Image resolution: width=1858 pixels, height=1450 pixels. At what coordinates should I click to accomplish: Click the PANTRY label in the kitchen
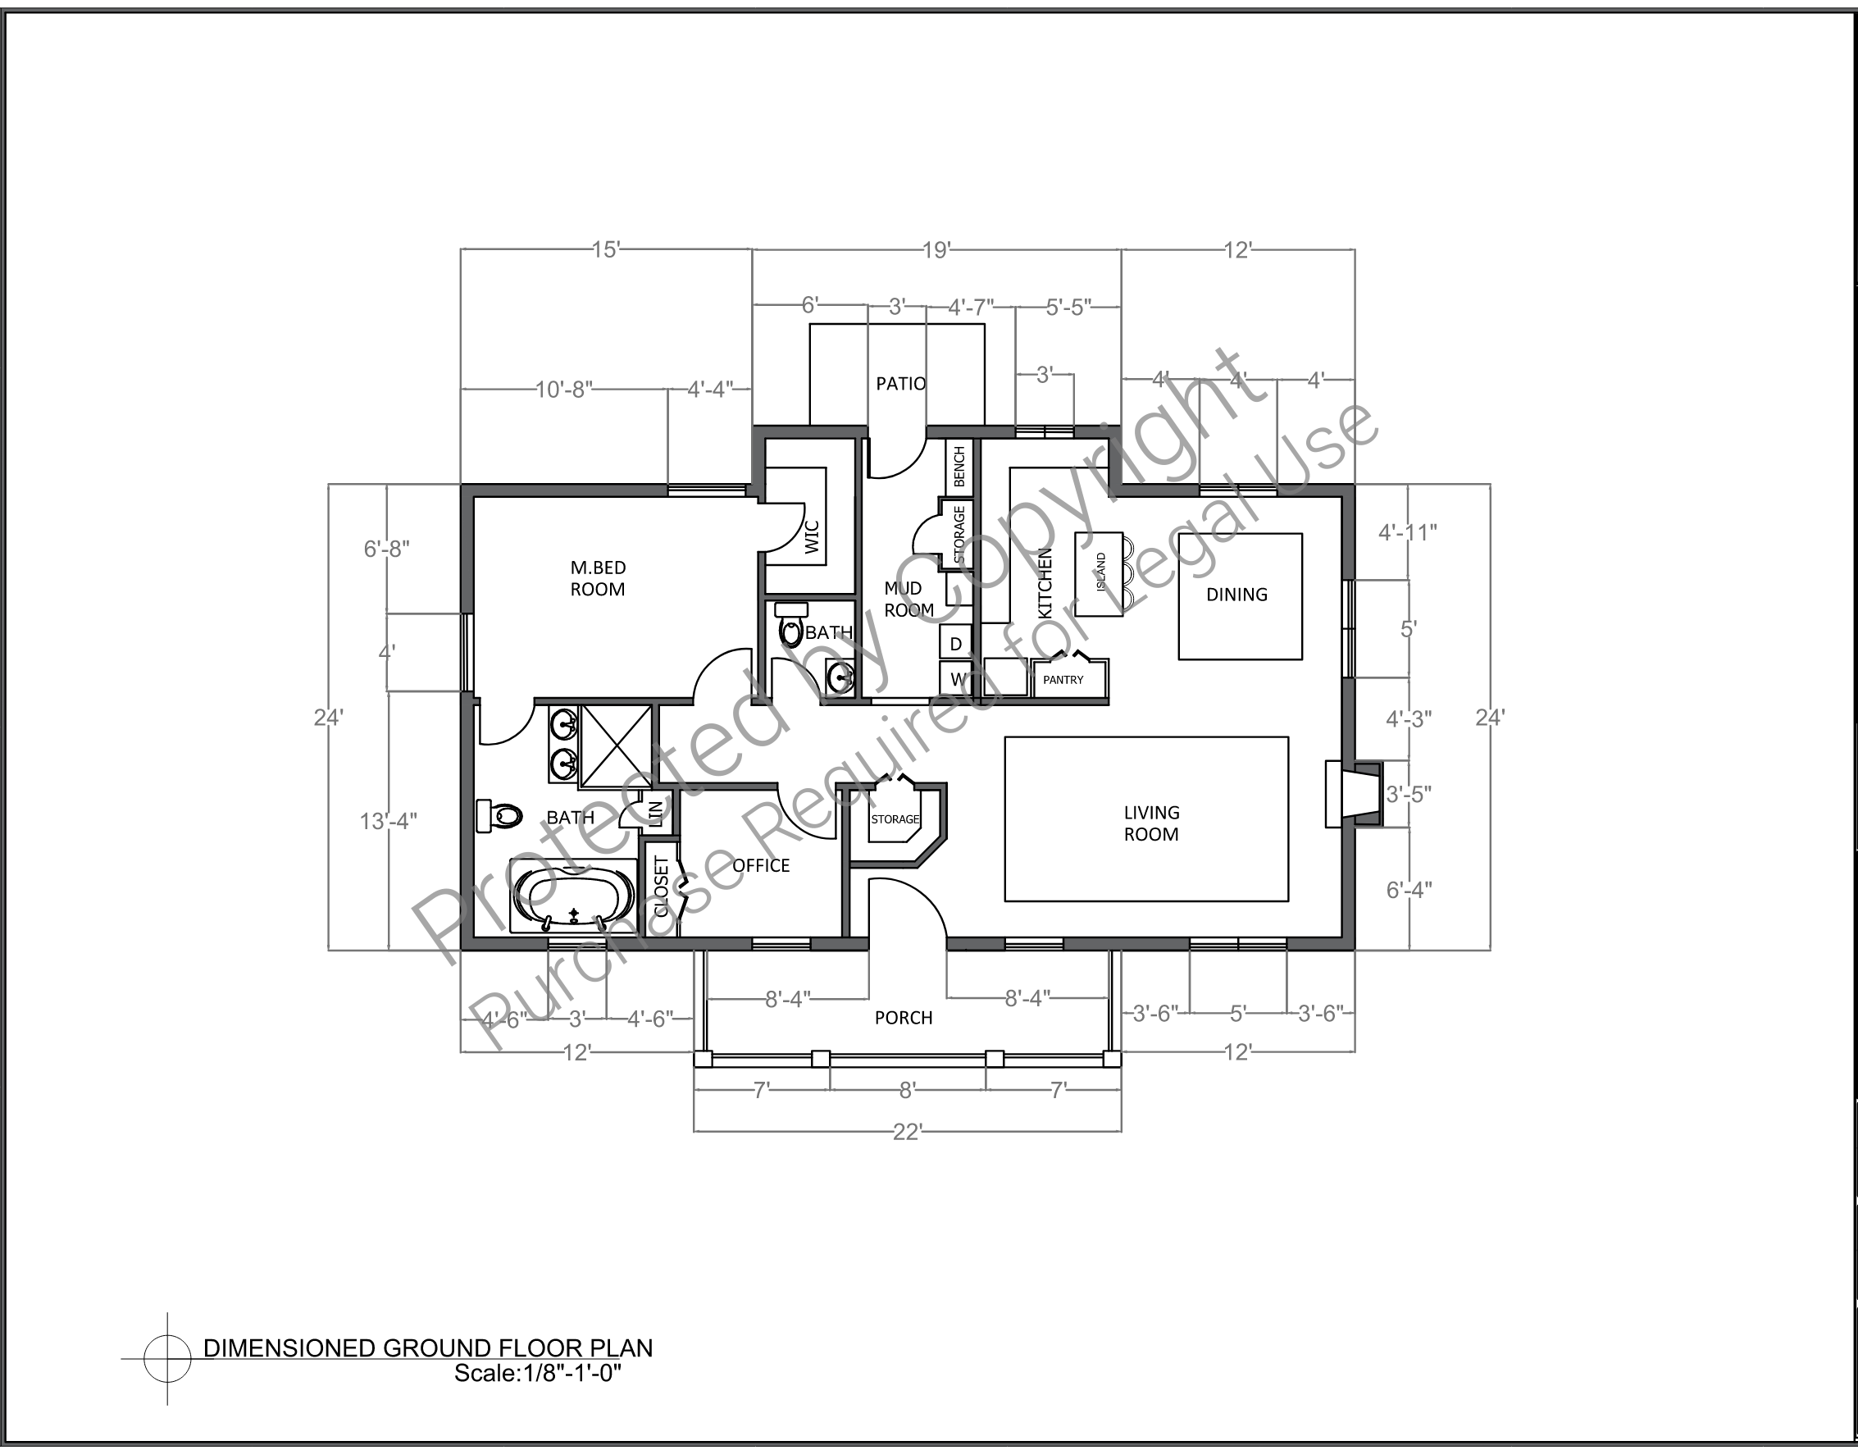point(1063,680)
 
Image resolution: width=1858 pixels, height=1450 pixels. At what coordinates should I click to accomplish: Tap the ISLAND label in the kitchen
point(1101,572)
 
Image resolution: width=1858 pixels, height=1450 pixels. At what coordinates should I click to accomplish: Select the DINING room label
point(1237,595)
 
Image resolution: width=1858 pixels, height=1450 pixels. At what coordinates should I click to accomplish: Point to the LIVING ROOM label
point(1152,823)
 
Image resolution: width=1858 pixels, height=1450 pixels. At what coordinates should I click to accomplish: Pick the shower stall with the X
point(615,746)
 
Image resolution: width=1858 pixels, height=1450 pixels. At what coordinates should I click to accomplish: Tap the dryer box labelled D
point(955,643)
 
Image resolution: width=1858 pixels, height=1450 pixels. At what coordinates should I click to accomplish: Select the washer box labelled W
point(955,679)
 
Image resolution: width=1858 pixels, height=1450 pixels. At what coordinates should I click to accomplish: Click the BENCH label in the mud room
point(959,467)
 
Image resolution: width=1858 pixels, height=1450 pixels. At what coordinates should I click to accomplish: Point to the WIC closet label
point(811,537)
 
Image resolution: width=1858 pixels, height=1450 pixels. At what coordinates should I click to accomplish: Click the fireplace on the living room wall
point(1354,794)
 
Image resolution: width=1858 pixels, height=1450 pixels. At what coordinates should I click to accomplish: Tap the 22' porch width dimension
point(908,1132)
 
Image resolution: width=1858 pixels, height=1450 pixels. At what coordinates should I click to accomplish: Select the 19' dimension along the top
point(936,250)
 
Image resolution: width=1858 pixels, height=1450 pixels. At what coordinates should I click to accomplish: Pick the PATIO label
point(901,384)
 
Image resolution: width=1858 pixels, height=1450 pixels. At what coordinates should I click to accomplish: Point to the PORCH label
point(904,1018)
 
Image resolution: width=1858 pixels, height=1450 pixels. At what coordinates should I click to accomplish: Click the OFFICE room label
point(762,865)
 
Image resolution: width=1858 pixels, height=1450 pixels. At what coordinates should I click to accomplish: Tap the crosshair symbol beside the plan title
point(166,1359)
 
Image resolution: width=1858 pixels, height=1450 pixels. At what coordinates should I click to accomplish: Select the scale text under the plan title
point(539,1374)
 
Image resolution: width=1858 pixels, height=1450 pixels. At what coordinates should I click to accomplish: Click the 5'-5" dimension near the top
point(1068,308)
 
